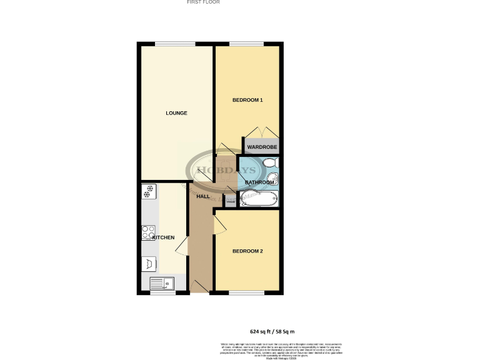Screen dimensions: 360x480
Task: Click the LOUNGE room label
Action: [176, 113]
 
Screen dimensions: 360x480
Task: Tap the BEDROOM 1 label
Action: [247, 100]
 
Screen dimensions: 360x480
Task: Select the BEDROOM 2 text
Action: [247, 251]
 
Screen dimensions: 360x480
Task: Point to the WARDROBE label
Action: [261, 147]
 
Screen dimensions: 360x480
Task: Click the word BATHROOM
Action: [259, 182]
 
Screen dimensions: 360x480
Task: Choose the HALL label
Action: [203, 197]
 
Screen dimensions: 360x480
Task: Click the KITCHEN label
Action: [163, 238]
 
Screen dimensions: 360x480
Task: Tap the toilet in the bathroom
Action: [270, 164]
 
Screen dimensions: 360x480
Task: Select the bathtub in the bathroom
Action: [257, 199]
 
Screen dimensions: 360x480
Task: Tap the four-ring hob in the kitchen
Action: [149, 232]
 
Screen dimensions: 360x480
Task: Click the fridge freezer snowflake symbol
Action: [149, 191]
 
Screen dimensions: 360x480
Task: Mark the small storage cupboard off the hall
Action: [230, 201]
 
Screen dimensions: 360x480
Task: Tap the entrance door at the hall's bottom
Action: [200, 287]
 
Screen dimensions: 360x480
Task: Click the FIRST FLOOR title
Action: [203, 2]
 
